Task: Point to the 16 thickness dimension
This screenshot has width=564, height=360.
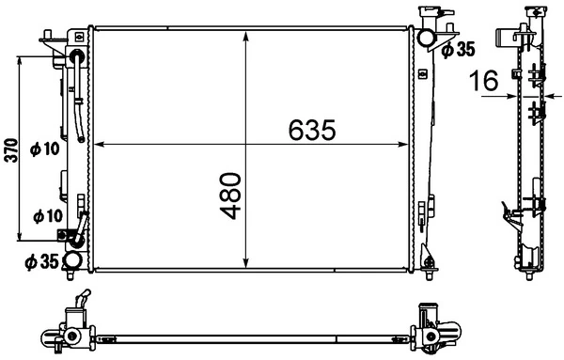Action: (485, 83)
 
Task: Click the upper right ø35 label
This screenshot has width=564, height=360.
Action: (461, 49)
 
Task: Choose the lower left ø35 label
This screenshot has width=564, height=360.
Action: (39, 260)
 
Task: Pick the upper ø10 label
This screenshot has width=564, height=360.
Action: (44, 148)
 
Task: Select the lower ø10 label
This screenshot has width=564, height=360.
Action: (46, 215)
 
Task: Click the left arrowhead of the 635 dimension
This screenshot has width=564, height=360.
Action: (101, 145)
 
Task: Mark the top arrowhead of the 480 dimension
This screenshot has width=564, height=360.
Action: (245, 37)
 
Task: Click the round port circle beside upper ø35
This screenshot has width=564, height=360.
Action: (426, 39)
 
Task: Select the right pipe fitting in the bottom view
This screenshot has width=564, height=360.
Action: (434, 329)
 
